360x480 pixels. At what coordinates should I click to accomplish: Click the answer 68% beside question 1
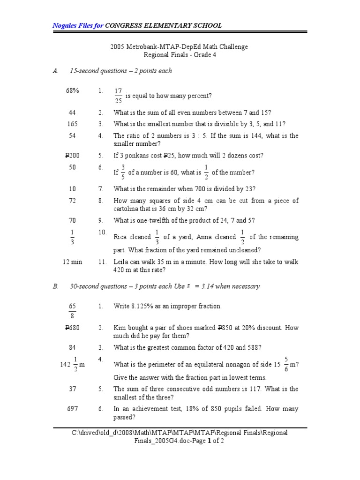coord(72,91)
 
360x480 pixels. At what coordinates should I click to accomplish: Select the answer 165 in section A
coord(72,124)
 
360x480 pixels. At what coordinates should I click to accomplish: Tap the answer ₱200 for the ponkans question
coord(72,156)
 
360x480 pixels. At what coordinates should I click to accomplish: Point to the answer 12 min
coord(72,262)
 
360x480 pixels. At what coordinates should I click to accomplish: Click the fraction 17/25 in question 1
coord(118,96)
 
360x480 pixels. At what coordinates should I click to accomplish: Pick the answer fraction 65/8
coord(72,311)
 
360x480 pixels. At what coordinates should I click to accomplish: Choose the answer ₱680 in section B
coord(72,328)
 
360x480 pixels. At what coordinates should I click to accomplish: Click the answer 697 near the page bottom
coord(72,409)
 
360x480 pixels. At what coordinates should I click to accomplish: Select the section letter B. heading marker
coord(55,286)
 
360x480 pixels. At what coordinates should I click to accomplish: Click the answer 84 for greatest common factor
coord(72,347)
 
